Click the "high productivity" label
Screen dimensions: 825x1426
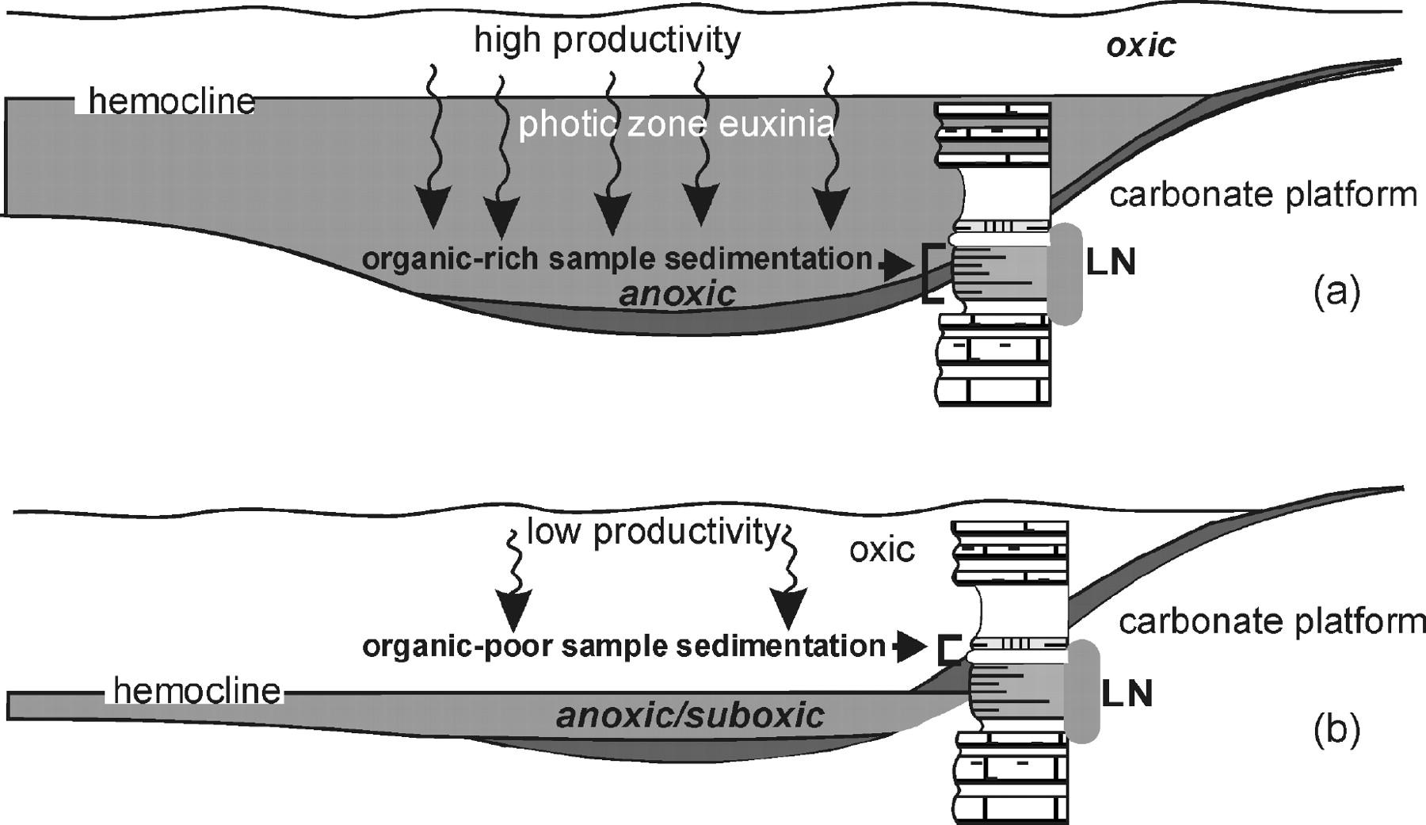607,40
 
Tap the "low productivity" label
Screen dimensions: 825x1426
653,532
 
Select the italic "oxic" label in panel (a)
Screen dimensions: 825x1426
1141,46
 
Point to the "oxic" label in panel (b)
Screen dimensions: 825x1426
882,549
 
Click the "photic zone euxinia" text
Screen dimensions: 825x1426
676,124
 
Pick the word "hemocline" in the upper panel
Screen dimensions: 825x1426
172,101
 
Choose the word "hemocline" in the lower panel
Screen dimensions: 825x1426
197,691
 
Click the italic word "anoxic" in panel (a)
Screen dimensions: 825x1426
677,294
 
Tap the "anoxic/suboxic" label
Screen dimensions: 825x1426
690,715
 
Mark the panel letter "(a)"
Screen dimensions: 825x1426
1336,292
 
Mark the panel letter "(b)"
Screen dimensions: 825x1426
1336,730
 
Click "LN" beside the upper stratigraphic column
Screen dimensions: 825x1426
1111,262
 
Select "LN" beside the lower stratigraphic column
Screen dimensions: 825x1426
1127,694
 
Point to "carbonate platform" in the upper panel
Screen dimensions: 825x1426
1263,194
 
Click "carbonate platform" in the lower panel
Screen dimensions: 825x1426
1272,622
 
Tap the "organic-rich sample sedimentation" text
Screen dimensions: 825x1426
616,259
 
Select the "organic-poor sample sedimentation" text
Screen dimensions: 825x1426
623,646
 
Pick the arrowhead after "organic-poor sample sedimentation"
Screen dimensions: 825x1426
913,647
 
